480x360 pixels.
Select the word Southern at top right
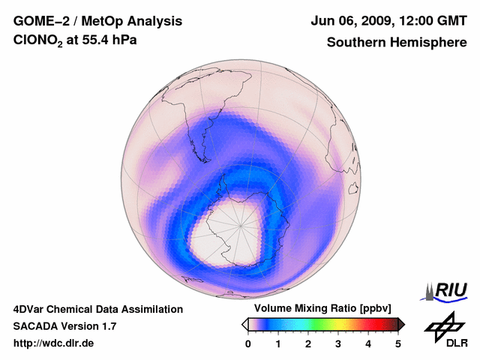[x=355, y=43]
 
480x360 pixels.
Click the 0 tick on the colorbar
[x=248, y=343]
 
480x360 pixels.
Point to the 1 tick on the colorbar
[x=278, y=343]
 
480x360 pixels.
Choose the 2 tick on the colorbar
[x=308, y=343]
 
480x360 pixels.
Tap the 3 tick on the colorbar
[x=338, y=343]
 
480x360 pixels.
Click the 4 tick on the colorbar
[x=368, y=343]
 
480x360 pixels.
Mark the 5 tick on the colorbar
[x=398, y=343]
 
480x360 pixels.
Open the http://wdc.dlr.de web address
[x=54, y=343]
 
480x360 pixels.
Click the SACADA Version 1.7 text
[x=64, y=326]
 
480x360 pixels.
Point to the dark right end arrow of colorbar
[x=400, y=324]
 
